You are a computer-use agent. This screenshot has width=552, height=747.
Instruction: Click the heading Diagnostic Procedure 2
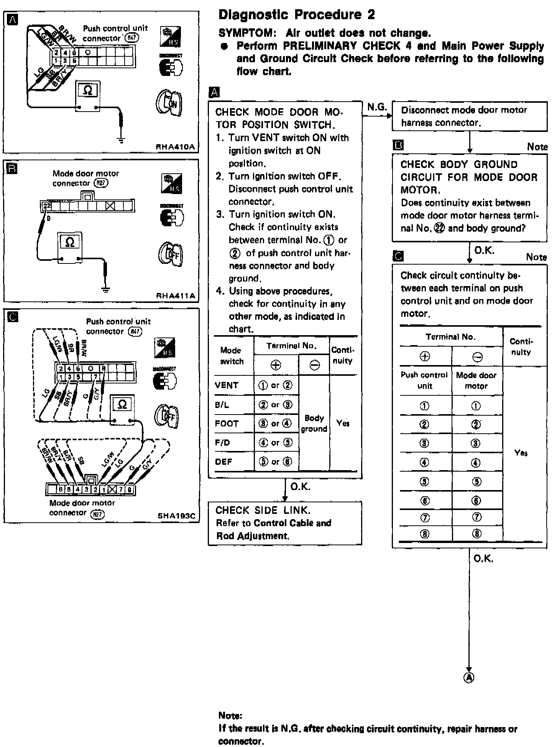click(296, 15)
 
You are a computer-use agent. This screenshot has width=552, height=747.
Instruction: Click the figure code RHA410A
click(176, 147)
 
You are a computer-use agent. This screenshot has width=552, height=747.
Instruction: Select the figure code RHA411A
click(176, 296)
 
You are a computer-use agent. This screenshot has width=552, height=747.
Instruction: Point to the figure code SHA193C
click(176, 516)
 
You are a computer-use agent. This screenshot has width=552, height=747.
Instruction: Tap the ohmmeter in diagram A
click(88, 96)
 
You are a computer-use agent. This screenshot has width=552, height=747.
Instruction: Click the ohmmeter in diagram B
click(70, 247)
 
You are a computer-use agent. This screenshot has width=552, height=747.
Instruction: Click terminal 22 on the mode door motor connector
click(46, 206)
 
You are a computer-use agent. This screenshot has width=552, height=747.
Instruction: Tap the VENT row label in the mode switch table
click(227, 385)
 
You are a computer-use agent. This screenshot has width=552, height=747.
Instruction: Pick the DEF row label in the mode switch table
click(224, 462)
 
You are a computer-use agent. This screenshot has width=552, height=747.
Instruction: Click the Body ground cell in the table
click(314, 423)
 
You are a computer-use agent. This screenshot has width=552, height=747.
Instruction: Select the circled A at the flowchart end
click(469, 678)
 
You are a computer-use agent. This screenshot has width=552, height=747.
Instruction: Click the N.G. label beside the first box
click(377, 107)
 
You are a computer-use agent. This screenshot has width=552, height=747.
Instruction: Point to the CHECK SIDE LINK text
click(263, 510)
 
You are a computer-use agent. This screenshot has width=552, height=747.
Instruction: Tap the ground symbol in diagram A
click(122, 140)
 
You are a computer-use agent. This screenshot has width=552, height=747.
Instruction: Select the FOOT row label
click(227, 424)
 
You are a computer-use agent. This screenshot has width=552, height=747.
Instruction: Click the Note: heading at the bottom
click(230, 716)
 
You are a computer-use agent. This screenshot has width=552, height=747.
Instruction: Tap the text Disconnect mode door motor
click(464, 110)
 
